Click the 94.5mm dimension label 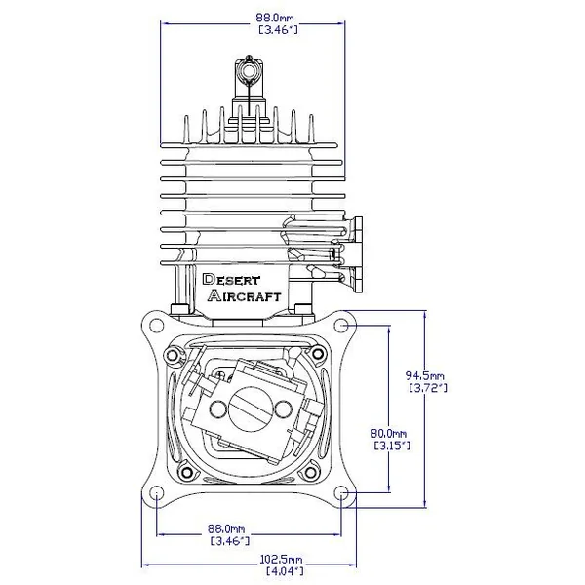coord(425,375)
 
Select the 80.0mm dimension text coord(388,433)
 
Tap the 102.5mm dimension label coord(282,559)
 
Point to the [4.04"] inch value coord(285,570)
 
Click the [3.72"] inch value coord(428,388)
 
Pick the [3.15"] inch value coord(392,446)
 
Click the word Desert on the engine coord(231,280)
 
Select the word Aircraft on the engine coord(244,295)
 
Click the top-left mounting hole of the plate coord(156,326)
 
